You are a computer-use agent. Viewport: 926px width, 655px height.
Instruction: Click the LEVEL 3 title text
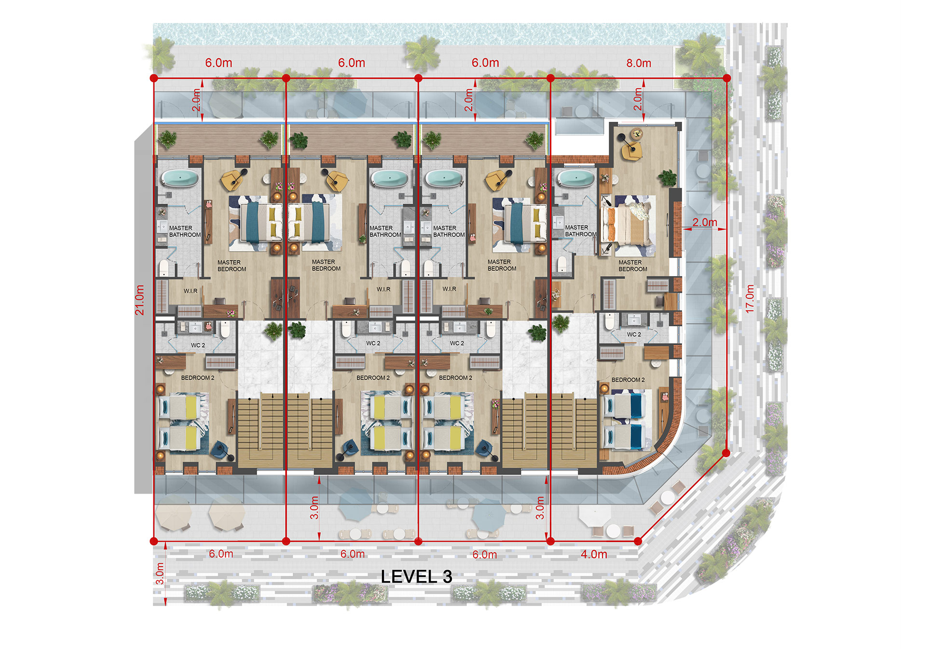[x=416, y=576]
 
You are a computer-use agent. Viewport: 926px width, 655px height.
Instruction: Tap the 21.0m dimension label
[x=139, y=300]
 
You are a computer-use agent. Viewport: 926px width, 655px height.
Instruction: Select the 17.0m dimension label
[x=749, y=298]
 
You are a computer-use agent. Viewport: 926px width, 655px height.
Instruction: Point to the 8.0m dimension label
[x=639, y=63]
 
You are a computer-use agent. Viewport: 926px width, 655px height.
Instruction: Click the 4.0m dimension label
[x=594, y=554]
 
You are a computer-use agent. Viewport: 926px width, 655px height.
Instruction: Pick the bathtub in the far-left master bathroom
[x=180, y=178]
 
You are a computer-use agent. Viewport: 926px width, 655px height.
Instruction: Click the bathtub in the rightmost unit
[x=576, y=178]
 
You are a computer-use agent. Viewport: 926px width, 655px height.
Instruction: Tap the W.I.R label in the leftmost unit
[x=191, y=291]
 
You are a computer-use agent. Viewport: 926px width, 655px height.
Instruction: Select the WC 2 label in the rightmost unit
[x=634, y=334]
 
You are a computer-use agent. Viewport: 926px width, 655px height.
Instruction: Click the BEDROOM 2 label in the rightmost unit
[x=628, y=380]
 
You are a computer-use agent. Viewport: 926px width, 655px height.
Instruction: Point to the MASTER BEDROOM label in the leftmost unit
[x=231, y=265]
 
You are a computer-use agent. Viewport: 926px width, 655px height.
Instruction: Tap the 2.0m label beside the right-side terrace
[x=705, y=223]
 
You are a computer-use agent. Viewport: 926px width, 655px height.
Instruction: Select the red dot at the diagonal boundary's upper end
[x=726, y=453]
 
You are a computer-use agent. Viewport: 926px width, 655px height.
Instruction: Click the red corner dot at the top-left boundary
[x=154, y=78]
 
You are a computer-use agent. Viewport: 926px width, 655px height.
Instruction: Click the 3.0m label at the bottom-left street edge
[x=160, y=573]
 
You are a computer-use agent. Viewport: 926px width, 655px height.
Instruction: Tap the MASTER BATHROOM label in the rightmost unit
[x=580, y=231]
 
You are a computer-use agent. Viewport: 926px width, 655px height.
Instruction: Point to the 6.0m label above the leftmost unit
[x=218, y=63]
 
